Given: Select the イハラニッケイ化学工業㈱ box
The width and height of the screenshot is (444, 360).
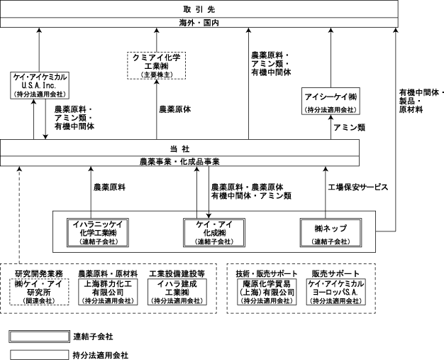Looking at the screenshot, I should coord(97,232).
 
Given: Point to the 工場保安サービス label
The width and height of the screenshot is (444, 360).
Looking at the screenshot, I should coord(357,187).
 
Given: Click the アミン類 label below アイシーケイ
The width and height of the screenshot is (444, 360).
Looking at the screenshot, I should coord(349,127).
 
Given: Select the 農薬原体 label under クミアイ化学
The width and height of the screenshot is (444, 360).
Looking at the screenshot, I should coord(177,110).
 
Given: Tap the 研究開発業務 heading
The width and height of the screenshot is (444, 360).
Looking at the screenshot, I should coord(38,273).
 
